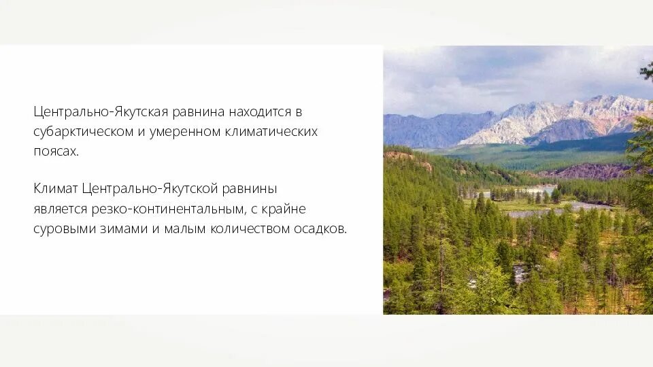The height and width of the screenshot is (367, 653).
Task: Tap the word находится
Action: (x=261, y=111)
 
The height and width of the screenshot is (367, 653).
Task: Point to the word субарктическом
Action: (x=83, y=131)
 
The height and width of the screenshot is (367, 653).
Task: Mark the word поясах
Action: (x=56, y=151)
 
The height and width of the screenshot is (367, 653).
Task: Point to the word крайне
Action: (x=288, y=209)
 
